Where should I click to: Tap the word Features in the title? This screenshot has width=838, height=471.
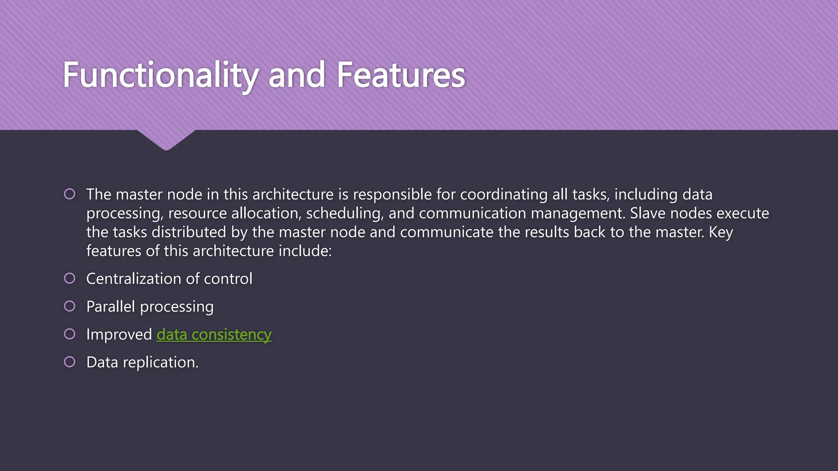[x=401, y=76]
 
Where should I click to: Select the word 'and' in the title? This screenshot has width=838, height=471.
[x=297, y=76]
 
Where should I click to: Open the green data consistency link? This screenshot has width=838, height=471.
[x=214, y=334]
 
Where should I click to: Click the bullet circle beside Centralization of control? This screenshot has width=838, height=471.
[x=70, y=278]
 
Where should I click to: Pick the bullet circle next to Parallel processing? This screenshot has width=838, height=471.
[x=70, y=306]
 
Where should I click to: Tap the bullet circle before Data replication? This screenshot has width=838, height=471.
[x=70, y=362]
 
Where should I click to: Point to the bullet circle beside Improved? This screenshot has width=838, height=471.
[x=70, y=334]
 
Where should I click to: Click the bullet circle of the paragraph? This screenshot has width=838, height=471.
[x=70, y=194]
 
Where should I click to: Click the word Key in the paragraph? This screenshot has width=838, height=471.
[x=721, y=232]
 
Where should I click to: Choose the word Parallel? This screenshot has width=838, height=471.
[x=110, y=307]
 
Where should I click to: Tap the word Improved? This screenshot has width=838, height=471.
[x=119, y=334]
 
